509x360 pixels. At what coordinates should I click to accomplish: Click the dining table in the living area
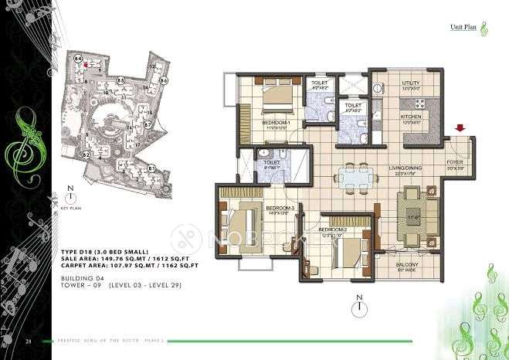click(x=358, y=175)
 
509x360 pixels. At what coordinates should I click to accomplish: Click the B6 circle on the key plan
click(x=163, y=80)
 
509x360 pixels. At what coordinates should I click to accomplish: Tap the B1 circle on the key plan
click(x=152, y=168)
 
